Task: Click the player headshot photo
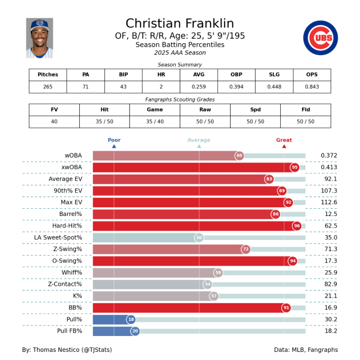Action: pyautogui.click(x=39, y=38)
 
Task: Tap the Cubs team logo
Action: pyautogui.click(x=320, y=38)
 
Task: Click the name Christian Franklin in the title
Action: pyautogui.click(x=180, y=24)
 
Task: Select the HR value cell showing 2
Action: pyautogui.click(x=161, y=87)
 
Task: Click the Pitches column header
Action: pyautogui.click(x=48, y=75)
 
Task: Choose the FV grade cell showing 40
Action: pyautogui.click(x=54, y=121)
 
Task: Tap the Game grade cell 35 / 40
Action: pyautogui.click(x=155, y=121)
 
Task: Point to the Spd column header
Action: pyautogui.click(x=255, y=109)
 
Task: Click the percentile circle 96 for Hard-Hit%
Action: pyautogui.click(x=297, y=226)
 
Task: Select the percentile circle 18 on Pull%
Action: pyautogui.click(x=131, y=319)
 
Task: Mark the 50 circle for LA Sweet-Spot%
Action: pyautogui.click(x=199, y=238)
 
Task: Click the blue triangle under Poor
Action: pyautogui.click(x=114, y=146)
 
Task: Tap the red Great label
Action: pyautogui.click(x=284, y=140)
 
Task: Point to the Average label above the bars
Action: pyautogui.click(x=199, y=140)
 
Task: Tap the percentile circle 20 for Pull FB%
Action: pyautogui.click(x=135, y=331)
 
